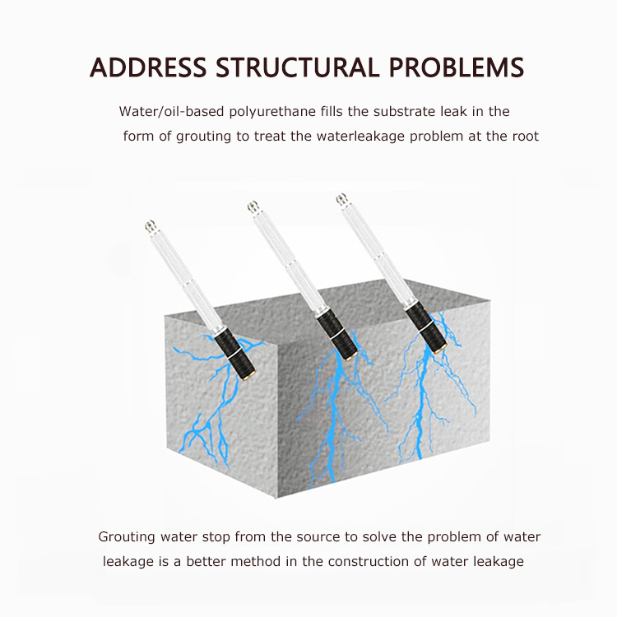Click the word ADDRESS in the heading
(x=148, y=67)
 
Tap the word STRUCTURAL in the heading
(x=298, y=67)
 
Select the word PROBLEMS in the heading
(x=457, y=67)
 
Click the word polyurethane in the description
(x=272, y=112)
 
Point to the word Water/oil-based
(x=171, y=111)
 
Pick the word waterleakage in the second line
(x=360, y=136)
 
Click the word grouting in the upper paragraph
(x=203, y=137)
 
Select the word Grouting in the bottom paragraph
(x=127, y=537)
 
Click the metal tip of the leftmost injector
(x=150, y=226)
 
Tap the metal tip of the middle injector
(x=253, y=206)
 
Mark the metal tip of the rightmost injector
(x=341, y=199)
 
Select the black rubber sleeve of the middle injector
(x=336, y=334)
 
